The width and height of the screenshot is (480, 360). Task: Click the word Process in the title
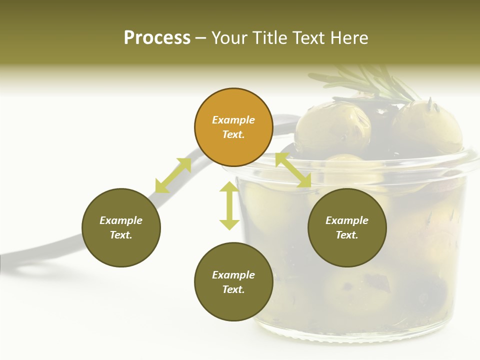tap(157, 38)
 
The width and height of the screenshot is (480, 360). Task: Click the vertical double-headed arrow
tap(229, 205)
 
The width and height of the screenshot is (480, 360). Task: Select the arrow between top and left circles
tap(173, 175)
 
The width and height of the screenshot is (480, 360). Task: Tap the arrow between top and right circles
tap(293, 170)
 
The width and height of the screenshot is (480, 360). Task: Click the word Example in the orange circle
tap(233, 120)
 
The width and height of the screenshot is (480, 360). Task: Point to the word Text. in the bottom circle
tap(233, 289)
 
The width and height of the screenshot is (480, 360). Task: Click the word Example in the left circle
tap(121, 220)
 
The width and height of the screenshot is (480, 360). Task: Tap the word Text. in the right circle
tap(347, 235)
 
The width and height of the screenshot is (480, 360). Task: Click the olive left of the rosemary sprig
tap(332, 127)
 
